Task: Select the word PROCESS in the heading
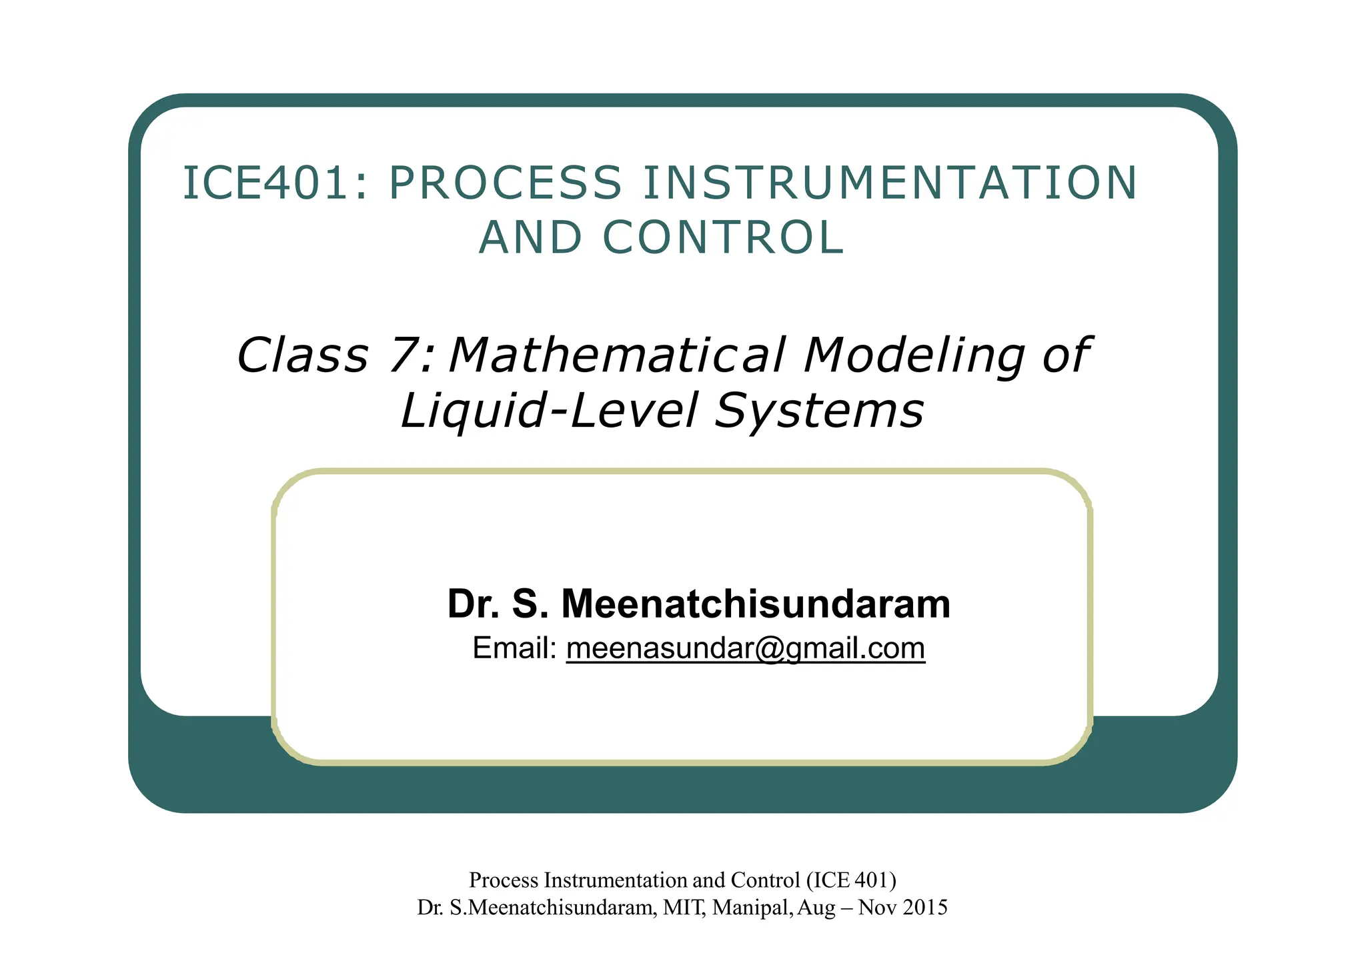click(505, 183)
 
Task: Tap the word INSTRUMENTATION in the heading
click(889, 183)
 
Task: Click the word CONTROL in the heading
click(723, 237)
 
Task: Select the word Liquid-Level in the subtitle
click(549, 409)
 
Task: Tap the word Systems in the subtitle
click(819, 409)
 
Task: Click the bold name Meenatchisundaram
click(756, 604)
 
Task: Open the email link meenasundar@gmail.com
click(745, 648)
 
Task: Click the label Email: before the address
click(514, 648)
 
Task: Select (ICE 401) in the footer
click(851, 880)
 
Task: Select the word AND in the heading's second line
click(530, 237)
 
